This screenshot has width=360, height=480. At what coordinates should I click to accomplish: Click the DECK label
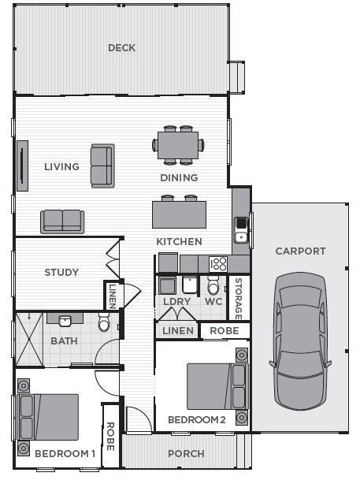coord(121,48)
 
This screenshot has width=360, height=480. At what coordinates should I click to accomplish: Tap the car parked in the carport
coord(300,340)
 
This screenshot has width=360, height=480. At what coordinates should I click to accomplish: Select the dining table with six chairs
coord(178,145)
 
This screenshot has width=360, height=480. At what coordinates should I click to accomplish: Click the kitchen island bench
coord(179,214)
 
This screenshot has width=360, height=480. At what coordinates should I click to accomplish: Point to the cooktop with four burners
coord(218,264)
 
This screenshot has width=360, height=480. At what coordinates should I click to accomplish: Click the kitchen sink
coord(241,230)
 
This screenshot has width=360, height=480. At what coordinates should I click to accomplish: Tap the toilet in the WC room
coord(213,285)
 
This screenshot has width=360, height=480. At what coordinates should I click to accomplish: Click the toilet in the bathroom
coord(104,322)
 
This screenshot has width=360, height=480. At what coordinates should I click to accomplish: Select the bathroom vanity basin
coord(65,321)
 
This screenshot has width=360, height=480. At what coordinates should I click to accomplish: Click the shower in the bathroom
coord(29,339)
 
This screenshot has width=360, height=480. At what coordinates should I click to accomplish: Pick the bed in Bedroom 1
coord(48,417)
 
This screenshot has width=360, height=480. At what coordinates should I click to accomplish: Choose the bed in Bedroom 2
coord(217,386)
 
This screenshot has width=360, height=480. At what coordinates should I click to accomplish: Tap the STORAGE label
coord(239,299)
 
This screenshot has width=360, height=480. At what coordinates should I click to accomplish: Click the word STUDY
coord(61,272)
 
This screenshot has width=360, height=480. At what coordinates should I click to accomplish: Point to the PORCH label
coord(186,453)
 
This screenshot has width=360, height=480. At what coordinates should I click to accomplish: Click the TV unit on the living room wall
coord(22,166)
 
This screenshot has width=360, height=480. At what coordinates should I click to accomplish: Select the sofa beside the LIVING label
coord(102,166)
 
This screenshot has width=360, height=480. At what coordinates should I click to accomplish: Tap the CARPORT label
coord(300,251)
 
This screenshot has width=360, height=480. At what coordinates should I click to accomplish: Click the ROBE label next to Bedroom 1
coord(110,437)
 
